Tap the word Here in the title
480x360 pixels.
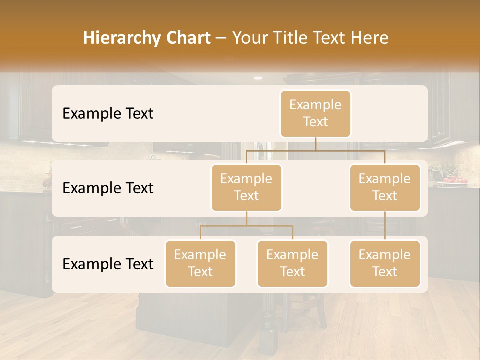pyautogui.click(x=370, y=38)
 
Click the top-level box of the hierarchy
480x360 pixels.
pyautogui.click(x=315, y=114)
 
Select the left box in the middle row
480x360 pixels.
pyautogui.click(x=246, y=188)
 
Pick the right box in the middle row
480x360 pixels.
pyautogui.click(x=384, y=188)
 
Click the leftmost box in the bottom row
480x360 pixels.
pyautogui.click(x=200, y=264)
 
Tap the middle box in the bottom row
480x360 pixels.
pyautogui.click(x=292, y=264)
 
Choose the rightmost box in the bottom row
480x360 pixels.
pyautogui.click(x=384, y=264)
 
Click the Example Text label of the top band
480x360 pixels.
pyautogui.click(x=108, y=114)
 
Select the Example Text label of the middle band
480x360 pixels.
pyautogui.click(x=108, y=188)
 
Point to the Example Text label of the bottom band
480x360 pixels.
pyautogui.click(x=108, y=264)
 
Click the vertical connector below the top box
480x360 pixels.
pyautogui.click(x=315, y=144)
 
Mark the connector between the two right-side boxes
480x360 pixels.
pyautogui.click(x=385, y=226)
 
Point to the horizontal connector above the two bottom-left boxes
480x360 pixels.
pyautogui.click(x=246, y=226)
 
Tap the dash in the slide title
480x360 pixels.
pyautogui.click(x=221, y=38)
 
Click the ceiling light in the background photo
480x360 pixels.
pyautogui.click(x=258, y=78)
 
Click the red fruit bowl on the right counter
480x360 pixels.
pyautogui.click(x=453, y=180)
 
